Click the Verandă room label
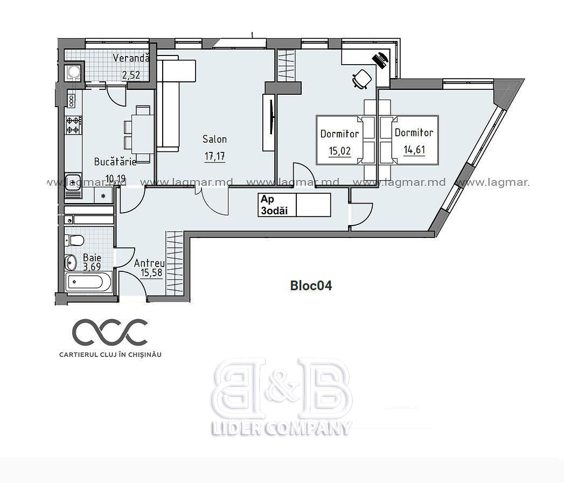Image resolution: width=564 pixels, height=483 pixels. tap(130, 58)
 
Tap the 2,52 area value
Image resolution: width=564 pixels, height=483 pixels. tap(130, 75)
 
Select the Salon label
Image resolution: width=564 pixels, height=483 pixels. tap(215, 139)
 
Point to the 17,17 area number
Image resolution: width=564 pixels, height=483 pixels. tap(215, 156)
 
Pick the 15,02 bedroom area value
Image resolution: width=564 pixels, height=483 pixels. tap(339, 151)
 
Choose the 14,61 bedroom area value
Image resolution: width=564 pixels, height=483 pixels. tap(414, 149)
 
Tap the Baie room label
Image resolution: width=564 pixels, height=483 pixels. tap(92, 257)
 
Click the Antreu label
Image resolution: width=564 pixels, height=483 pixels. tap(149, 263)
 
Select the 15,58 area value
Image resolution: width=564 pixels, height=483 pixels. tap(151, 273)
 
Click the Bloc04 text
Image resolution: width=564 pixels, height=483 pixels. tap(311, 286)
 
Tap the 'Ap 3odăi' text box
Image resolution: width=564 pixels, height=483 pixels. tap(294, 205)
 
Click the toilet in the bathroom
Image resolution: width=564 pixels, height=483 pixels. tap(74, 240)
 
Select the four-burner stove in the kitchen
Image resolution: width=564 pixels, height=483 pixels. tap(73, 125)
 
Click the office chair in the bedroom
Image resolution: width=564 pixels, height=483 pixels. tap(361, 79)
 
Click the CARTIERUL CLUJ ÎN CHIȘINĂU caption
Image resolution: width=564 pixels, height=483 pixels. tap(110, 355)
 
